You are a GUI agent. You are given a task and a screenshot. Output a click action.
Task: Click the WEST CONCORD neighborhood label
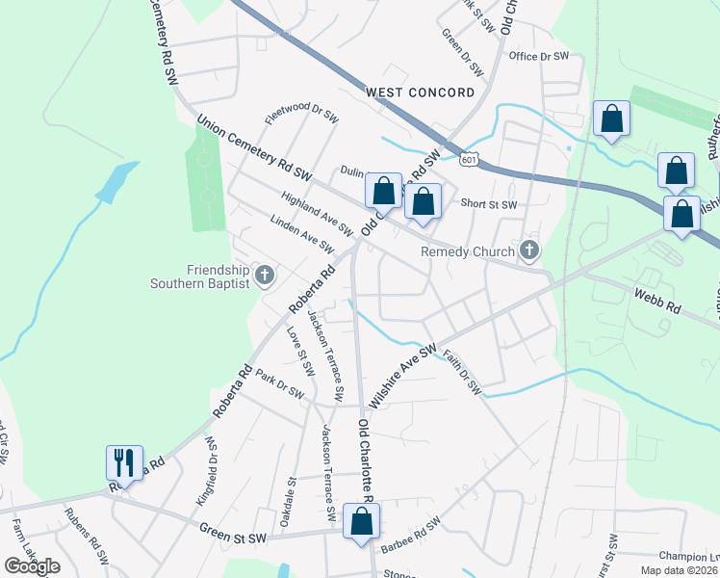[x=420, y=92]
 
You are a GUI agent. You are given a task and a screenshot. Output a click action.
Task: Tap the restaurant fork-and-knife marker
[x=124, y=462]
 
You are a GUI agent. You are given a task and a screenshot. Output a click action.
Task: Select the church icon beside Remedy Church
[x=527, y=251]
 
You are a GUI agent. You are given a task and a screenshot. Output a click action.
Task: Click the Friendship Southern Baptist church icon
[x=265, y=276]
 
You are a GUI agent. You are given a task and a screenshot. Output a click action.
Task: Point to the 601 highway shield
[x=468, y=159]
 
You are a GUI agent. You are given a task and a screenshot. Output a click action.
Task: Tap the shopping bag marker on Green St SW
[x=361, y=521]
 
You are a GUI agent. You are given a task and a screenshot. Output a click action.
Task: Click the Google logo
[x=32, y=566]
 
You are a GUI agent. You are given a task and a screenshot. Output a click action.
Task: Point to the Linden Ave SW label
[x=302, y=235]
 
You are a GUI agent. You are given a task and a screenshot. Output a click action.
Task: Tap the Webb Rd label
[x=656, y=303]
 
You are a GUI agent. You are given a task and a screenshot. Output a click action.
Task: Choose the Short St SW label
[x=489, y=204]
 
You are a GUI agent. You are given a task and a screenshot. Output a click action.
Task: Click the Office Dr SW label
[x=540, y=57]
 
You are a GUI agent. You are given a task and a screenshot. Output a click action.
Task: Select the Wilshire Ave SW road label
[x=402, y=376]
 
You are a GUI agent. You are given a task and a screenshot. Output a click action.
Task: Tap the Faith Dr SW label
[x=462, y=374]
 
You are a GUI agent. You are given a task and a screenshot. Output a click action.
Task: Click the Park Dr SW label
[x=280, y=387]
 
